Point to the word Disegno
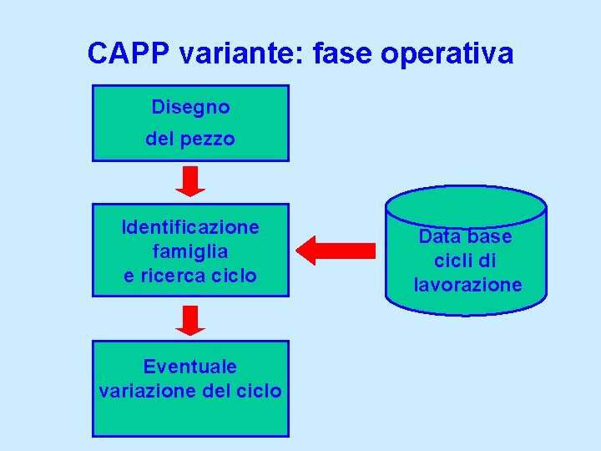click(190, 107)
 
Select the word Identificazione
click(190, 227)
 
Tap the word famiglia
click(190, 251)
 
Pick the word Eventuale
click(190, 367)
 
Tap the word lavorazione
click(467, 285)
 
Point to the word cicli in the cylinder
click(454, 261)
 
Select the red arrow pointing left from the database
click(336, 250)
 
